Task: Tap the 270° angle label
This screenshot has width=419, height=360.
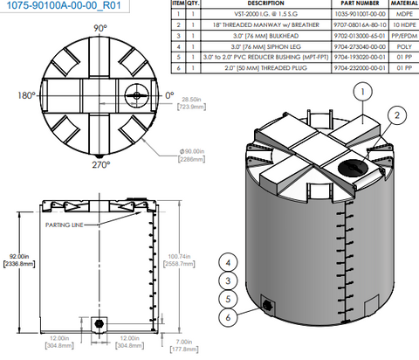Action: pyautogui.click(x=101, y=164)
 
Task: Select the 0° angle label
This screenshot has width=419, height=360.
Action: pyautogui.click(x=169, y=95)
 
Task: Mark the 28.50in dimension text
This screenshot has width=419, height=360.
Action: pyautogui.click(x=189, y=102)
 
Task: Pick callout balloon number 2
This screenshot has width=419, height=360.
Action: pyautogui.click(x=395, y=114)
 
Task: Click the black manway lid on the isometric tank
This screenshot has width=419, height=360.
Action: pyautogui.click(x=351, y=166)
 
